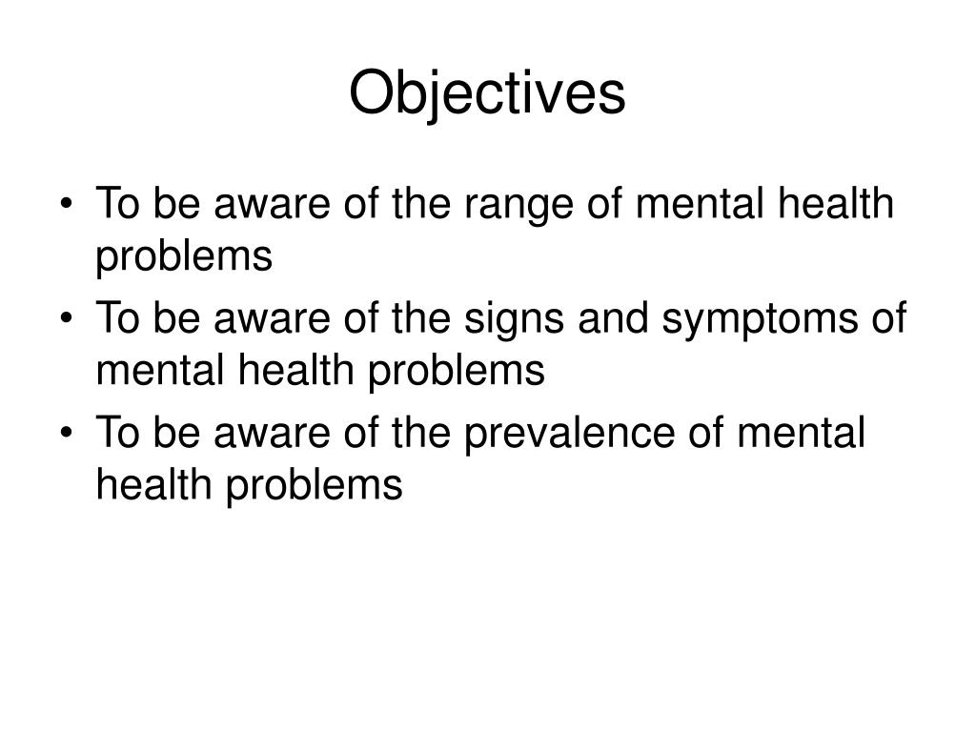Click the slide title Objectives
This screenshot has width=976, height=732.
tap(487, 94)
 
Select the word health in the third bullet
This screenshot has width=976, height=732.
tap(152, 484)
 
